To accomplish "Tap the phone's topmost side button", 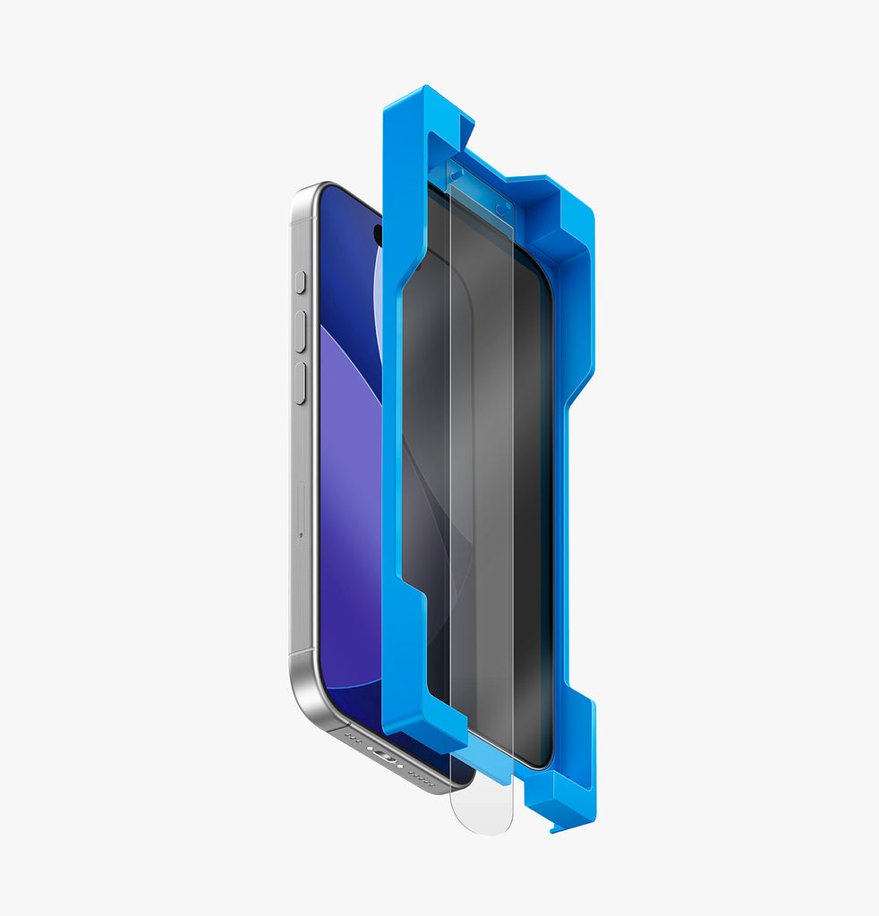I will [x=300, y=283].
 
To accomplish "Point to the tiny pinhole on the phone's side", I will [x=300, y=535].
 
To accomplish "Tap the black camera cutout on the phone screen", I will [x=377, y=234].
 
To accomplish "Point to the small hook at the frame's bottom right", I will [x=560, y=827].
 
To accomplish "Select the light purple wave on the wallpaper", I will [x=349, y=447].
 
